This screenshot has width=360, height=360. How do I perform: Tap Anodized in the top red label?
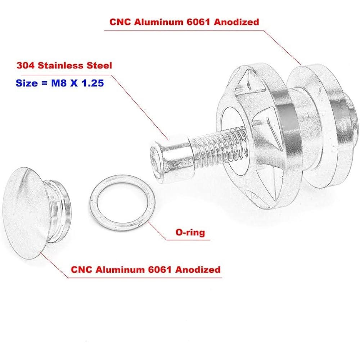pos(236,22)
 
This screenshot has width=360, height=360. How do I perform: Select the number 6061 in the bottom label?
pos(160,269)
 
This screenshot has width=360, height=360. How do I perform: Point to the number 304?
pos(25,66)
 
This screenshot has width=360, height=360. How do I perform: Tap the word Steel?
pos(99,66)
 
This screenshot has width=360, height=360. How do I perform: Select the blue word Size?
pos(26,83)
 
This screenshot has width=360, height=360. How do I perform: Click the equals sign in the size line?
pos(44,83)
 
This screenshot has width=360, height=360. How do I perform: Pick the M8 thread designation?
pos(58,83)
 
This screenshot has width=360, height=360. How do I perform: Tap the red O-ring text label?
pos(190,232)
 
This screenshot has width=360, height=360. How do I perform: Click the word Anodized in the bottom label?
pos(198,269)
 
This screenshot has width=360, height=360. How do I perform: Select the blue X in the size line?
pos(74,83)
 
